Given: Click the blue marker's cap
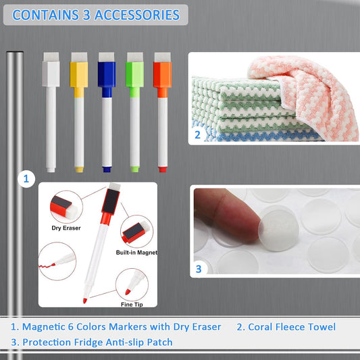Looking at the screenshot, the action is coord(107,74).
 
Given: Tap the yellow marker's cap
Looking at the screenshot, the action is coord(79,74).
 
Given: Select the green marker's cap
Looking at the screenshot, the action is coord(135,74).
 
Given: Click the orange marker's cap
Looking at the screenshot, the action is coord(162,74).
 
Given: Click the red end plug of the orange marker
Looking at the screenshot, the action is coord(163,170).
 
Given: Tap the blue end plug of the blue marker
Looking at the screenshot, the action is coord(107,170).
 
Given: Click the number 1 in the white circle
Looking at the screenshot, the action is coord(26,179).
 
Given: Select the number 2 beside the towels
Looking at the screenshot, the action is coord(197,135).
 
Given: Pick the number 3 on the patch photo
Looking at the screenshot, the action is coord(199,269).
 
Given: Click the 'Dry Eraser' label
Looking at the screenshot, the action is coord(66,228).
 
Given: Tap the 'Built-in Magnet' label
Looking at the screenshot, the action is coord(136,253).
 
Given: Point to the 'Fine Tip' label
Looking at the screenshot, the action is coord(132,305).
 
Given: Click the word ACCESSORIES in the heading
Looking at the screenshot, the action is coord(137,15).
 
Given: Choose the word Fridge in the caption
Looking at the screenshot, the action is coord(88,342).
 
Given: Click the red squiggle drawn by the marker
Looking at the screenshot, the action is coord(46,266).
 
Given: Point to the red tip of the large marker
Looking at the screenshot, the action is coord(85,301).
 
